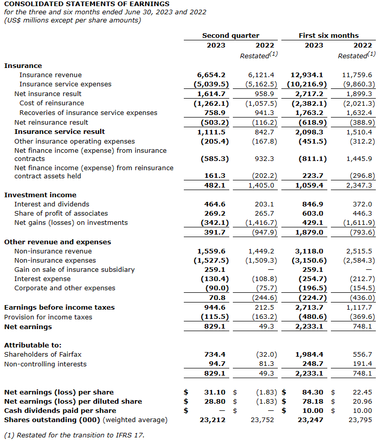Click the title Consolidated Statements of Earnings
[x=87, y=4]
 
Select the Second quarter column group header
[x=230, y=36]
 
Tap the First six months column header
[x=328, y=36]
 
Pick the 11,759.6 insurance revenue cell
[x=357, y=75]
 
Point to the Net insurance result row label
[x=47, y=94]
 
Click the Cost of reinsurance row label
[x=52, y=103]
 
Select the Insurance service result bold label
[x=60, y=132]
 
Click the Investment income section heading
[x=40, y=195]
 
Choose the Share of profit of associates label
[x=61, y=214]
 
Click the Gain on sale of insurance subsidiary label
[x=75, y=270]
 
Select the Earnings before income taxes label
[x=59, y=308]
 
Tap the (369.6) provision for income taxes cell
[x=360, y=317]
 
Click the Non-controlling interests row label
[x=45, y=364]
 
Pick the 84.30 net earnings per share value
[x=316, y=392]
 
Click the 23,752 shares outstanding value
[x=263, y=420]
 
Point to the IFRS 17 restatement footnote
[x=74, y=435]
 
